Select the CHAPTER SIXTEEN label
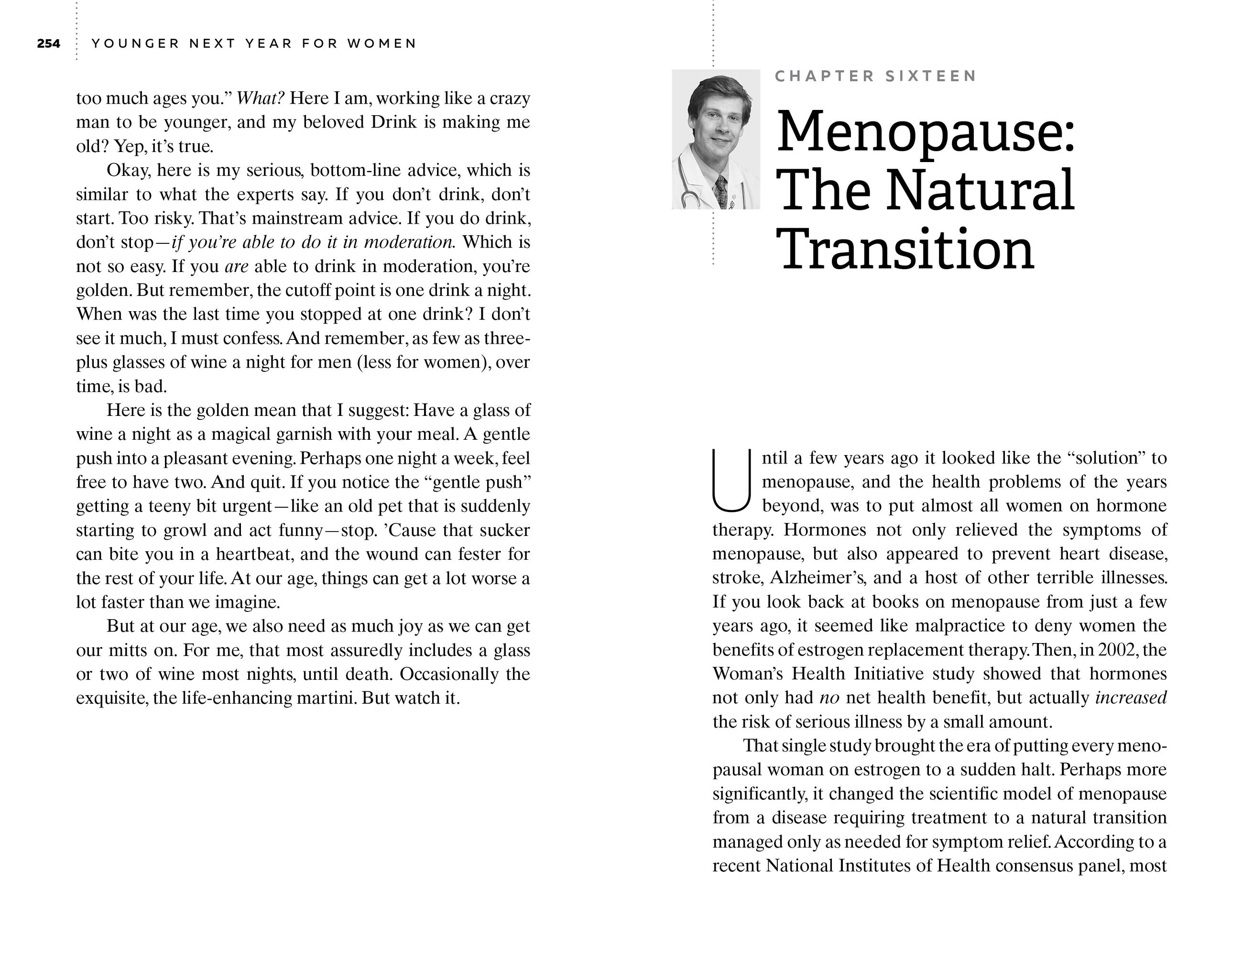876,76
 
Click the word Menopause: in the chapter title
926,132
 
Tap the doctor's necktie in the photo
721,191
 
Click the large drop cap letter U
731,480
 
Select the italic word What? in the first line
260,98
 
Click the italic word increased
1131,698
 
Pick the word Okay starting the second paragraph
128,170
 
